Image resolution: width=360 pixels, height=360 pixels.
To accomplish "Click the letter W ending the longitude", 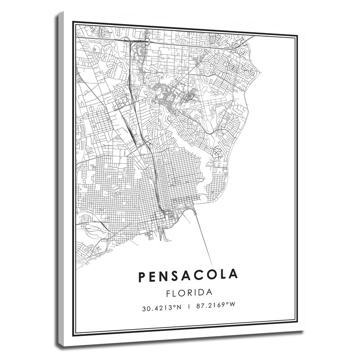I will tap(233, 307).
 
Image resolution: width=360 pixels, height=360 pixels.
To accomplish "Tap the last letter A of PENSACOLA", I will tap(233, 275).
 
